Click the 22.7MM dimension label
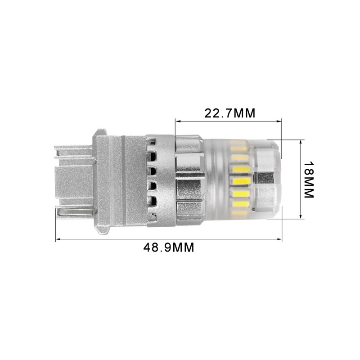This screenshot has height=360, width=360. tap(230, 113)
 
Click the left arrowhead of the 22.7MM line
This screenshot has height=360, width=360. tap(177, 121)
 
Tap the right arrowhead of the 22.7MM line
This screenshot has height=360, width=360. tap(280, 121)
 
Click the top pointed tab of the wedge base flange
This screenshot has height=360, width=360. tap(100, 132)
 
